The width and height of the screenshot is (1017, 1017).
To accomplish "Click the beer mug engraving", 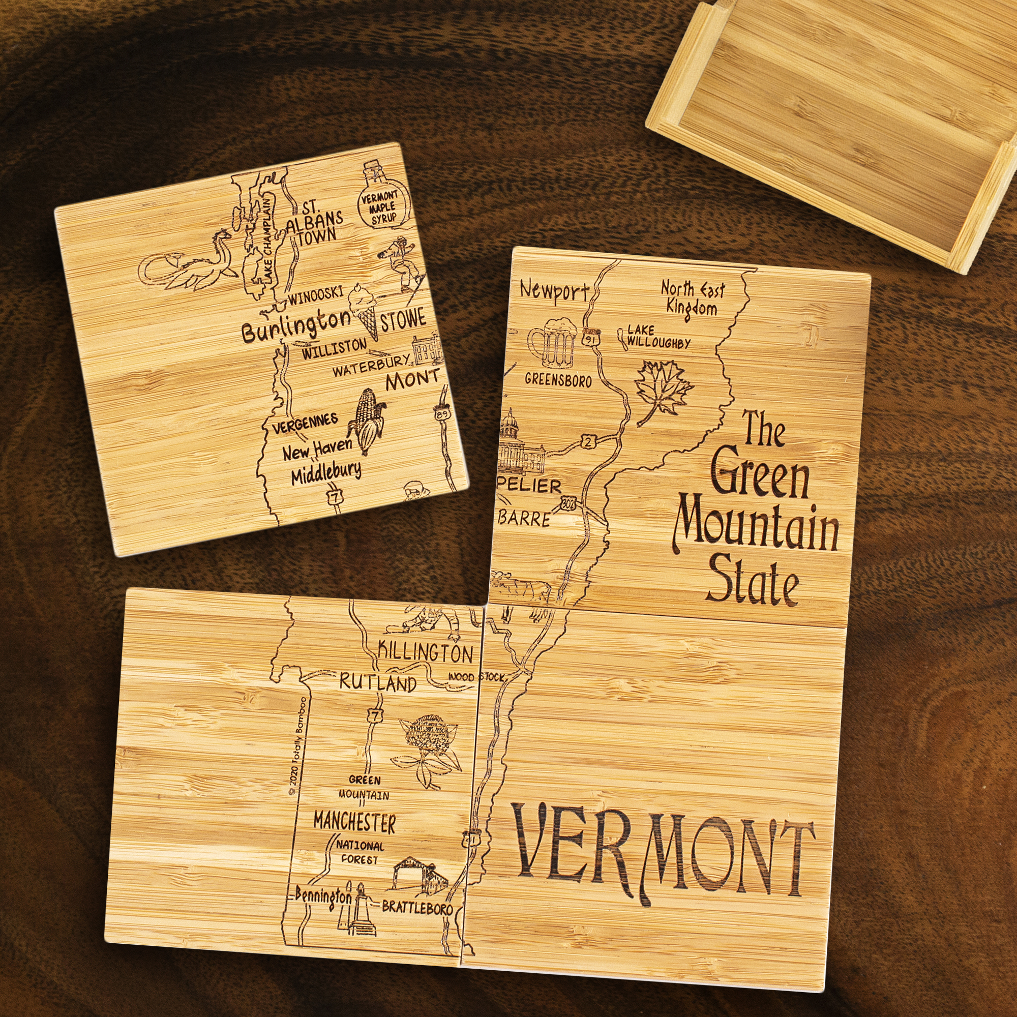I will click(x=552, y=343).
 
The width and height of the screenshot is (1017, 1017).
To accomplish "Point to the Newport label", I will click(x=554, y=290).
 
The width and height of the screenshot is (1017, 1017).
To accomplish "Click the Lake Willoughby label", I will click(x=657, y=337).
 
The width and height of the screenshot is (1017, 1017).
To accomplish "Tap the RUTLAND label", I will click(x=377, y=683).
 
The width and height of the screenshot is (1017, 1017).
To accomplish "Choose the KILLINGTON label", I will click(x=425, y=653).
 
